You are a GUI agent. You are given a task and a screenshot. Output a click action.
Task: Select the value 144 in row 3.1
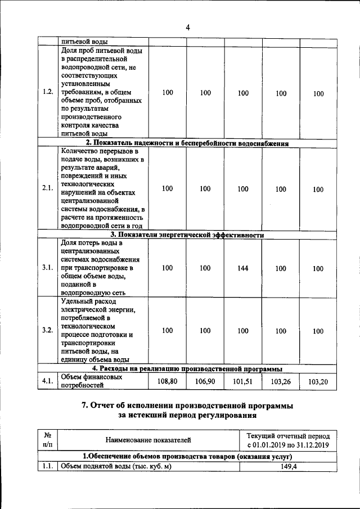click(242, 268)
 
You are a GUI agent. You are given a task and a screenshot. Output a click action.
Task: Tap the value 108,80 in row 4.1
click(167, 381)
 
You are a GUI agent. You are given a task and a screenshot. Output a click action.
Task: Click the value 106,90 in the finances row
click(205, 381)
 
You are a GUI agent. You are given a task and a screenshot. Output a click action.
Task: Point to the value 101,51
click(242, 381)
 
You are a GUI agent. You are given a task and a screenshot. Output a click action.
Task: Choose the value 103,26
click(281, 381)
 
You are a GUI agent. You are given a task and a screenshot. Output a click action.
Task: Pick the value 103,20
click(318, 381)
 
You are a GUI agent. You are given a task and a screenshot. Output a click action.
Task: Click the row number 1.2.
click(48, 93)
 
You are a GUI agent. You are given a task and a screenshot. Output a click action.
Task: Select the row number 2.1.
click(48, 189)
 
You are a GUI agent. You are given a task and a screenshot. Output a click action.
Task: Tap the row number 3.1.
click(48, 268)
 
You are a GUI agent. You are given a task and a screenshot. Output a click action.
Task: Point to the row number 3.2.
click(48, 331)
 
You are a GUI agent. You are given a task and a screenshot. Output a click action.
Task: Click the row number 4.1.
click(48, 381)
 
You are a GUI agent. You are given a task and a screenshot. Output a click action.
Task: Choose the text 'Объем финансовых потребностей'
click(91, 381)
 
